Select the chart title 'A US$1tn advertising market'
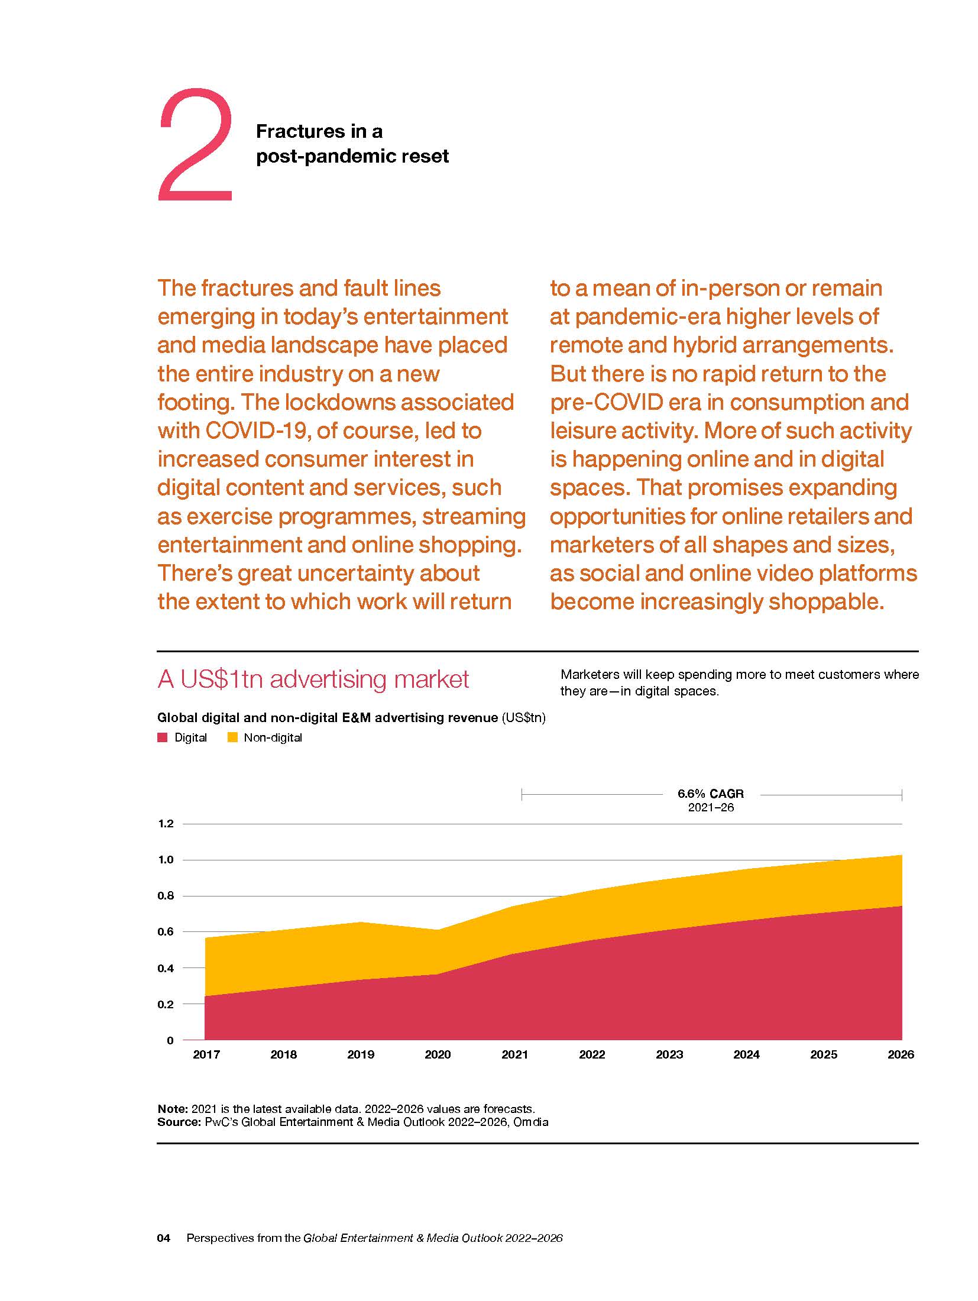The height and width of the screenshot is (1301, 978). [313, 679]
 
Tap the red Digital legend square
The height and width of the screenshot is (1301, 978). [163, 737]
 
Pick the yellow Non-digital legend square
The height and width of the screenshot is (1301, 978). [232, 737]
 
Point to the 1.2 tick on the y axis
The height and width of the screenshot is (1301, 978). [166, 824]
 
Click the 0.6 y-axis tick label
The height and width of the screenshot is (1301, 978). [166, 932]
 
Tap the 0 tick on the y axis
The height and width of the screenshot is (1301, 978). [170, 1040]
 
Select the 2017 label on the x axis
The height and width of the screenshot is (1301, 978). [206, 1054]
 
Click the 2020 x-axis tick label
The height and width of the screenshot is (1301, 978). [438, 1054]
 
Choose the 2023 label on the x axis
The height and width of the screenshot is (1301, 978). [669, 1054]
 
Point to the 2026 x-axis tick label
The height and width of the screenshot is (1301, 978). [901, 1054]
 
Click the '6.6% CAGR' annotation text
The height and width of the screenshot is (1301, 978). [711, 794]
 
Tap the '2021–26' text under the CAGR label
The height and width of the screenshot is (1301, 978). [711, 808]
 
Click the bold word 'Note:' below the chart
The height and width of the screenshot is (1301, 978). [173, 1109]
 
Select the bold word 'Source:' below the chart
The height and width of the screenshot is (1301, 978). [179, 1122]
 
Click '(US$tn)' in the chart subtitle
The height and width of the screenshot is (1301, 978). [523, 717]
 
